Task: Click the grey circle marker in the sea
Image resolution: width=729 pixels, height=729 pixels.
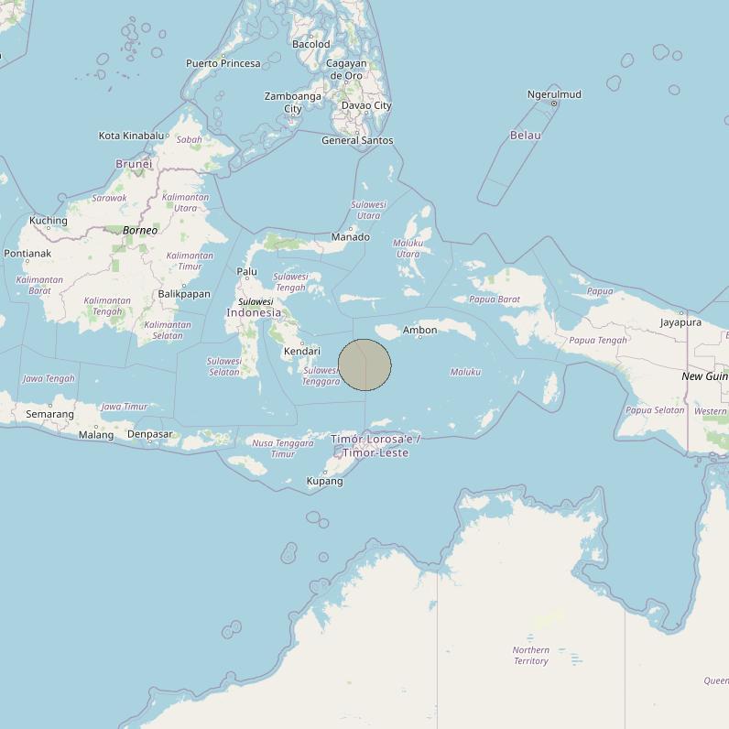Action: (x=365, y=364)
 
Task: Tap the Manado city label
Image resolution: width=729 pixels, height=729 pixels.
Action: (x=350, y=237)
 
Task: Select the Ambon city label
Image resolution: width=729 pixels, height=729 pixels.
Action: (x=419, y=330)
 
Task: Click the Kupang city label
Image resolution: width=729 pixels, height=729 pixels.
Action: (x=324, y=481)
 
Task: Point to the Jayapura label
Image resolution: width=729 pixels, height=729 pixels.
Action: (x=680, y=322)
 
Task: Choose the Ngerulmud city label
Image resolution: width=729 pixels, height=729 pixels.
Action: (x=554, y=94)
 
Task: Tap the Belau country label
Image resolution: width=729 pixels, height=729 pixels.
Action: (x=526, y=135)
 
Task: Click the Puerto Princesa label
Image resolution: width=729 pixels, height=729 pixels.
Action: (x=223, y=63)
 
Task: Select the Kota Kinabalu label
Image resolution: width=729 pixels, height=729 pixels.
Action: (x=133, y=136)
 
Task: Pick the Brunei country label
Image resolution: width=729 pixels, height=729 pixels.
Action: (x=134, y=164)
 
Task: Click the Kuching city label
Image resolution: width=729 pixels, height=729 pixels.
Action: (x=49, y=220)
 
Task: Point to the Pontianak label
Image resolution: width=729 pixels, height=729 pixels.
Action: (x=27, y=253)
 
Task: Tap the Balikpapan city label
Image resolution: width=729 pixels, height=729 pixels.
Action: (x=184, y=294)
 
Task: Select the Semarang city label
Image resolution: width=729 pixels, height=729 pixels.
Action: (x=49, y=414)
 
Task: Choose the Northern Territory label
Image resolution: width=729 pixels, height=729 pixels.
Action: (x=531, y=655)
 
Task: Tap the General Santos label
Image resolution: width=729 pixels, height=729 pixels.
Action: (x=357, y=140)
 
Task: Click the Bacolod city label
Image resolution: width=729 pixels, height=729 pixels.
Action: (x=311, y=44)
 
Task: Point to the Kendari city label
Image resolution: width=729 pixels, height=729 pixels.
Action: (x=302, y=351)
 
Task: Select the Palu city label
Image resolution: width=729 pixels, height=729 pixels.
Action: (x=247, y=271)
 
